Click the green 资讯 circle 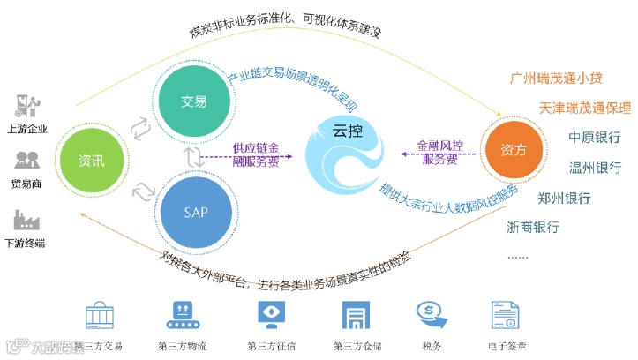(91, 161)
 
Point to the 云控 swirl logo (346, 150)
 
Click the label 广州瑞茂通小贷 (556, 78)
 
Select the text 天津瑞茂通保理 (585, 108)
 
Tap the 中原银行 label (594, 138)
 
